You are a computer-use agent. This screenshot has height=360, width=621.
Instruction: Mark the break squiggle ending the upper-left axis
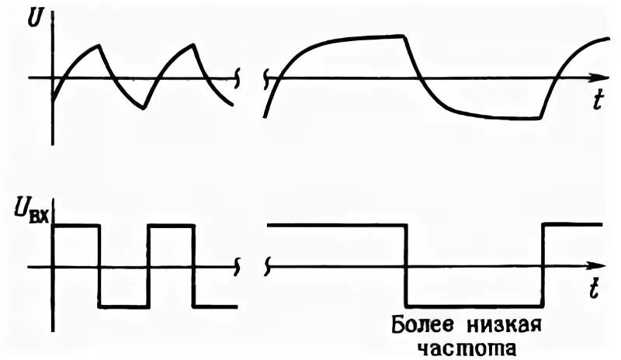238,78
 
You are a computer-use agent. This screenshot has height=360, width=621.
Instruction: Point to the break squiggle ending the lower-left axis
238,268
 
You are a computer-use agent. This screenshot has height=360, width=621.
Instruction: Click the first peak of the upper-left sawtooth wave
99,45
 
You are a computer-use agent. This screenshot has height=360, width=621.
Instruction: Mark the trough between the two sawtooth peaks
144,108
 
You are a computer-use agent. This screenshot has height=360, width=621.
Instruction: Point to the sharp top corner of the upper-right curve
404,36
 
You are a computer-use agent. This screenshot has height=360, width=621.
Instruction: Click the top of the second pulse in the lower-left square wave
170,225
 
